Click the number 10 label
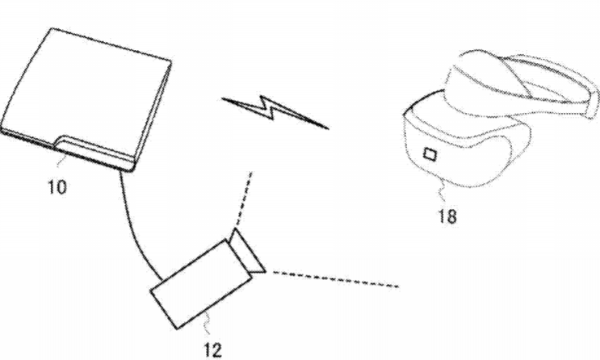pos(57,187)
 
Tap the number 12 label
pos(213,350)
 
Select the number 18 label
pos(447,216)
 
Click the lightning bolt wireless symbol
pos(275,111)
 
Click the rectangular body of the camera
pos(201,283)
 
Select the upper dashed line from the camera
pos(244,199)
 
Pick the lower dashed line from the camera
pos(335,279)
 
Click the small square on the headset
pos(430,154)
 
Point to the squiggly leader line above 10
pos(61,161)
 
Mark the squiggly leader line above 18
pos(442,191)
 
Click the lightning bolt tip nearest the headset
pos(329,128)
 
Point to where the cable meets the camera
pos(162,279)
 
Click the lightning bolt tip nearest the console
pos(222,98)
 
